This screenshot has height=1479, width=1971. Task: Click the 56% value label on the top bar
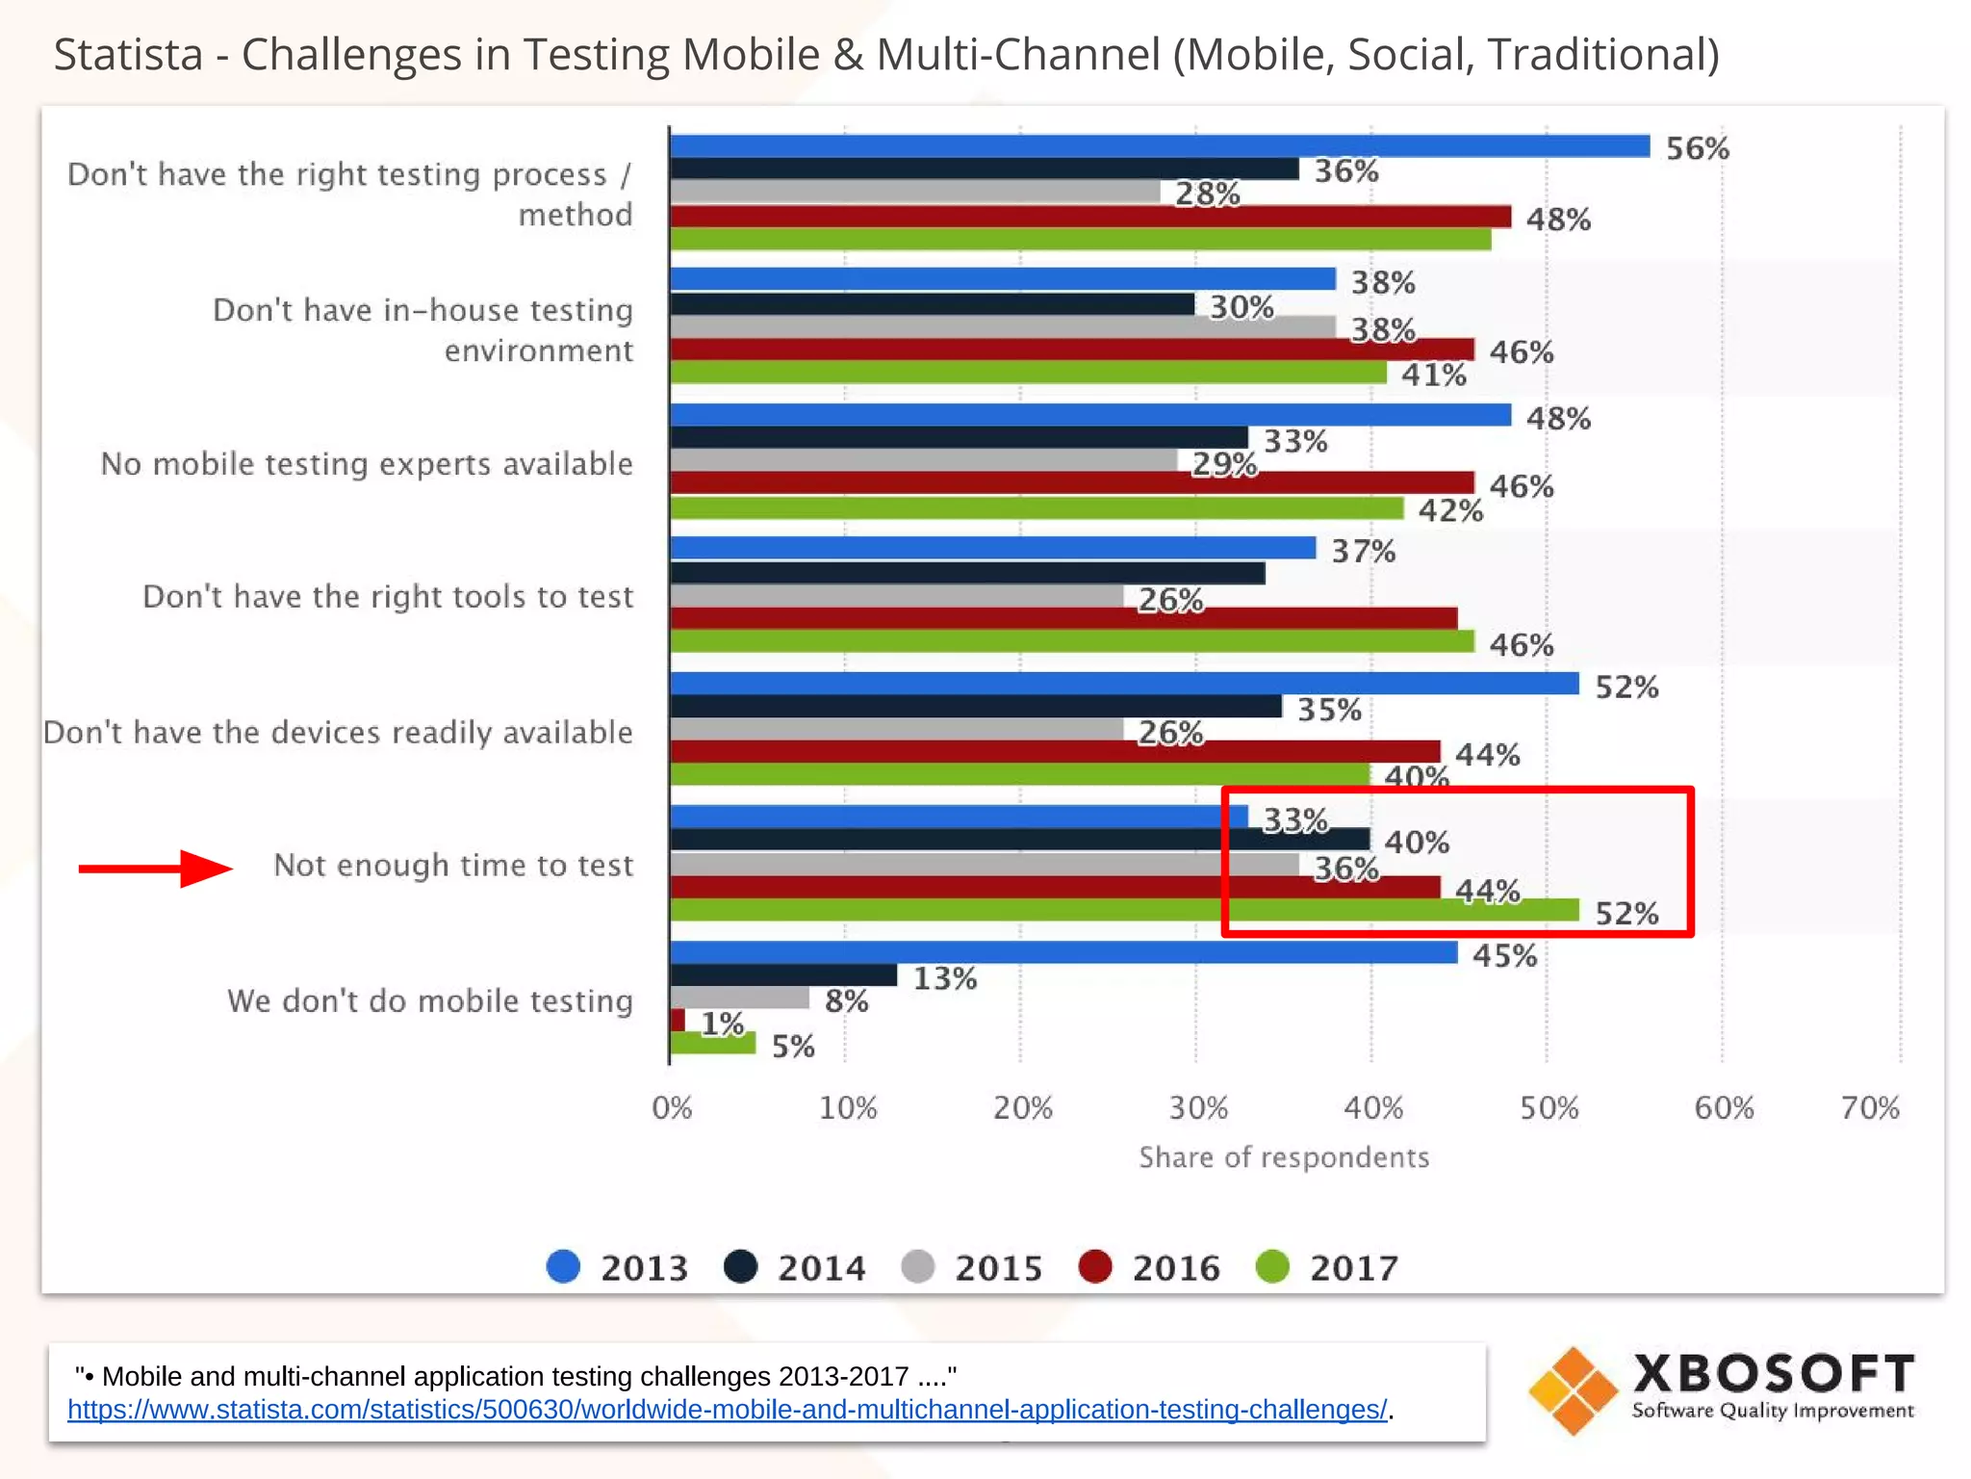tap(1697, 148)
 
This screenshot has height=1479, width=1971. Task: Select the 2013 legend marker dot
tap(563, 1266)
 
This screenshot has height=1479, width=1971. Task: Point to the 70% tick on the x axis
tap(1870, 1107)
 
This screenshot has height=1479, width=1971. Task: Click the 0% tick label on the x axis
tap(672, 1107)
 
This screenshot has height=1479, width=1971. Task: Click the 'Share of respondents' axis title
tap(1284, 1156)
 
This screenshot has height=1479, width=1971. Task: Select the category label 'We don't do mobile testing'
tap(430, 1000)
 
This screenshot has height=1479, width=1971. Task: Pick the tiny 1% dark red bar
tap(678, 1020)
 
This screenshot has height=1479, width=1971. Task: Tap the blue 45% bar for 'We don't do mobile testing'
tap(1063, 952)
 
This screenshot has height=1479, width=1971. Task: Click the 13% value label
tap(944, 978)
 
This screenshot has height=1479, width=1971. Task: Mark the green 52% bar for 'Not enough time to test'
tap(1124, 910)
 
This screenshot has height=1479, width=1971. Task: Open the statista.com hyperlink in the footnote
tap(728, 1409)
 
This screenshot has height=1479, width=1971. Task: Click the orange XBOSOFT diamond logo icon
tap(1573, 1390)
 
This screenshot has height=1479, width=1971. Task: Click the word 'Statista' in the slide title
tap(128, 54)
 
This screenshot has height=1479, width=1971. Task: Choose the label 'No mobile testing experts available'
tap(367, 463)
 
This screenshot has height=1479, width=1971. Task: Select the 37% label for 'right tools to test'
tap(1363, 551)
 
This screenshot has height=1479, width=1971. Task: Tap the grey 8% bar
tap(739, 998)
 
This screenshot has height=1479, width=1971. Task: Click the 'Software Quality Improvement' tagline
tap(1772, 1411)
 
